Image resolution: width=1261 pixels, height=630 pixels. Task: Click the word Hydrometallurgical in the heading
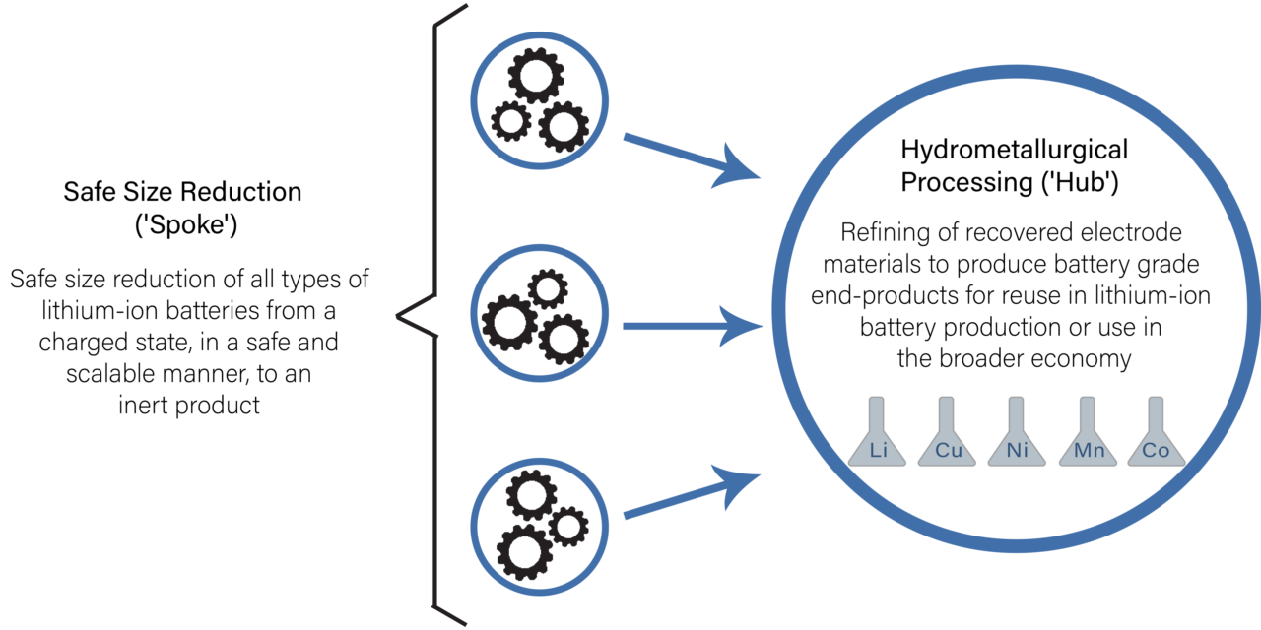pos(1015,151)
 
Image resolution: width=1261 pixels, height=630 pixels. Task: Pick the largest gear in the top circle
pos(534,77)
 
